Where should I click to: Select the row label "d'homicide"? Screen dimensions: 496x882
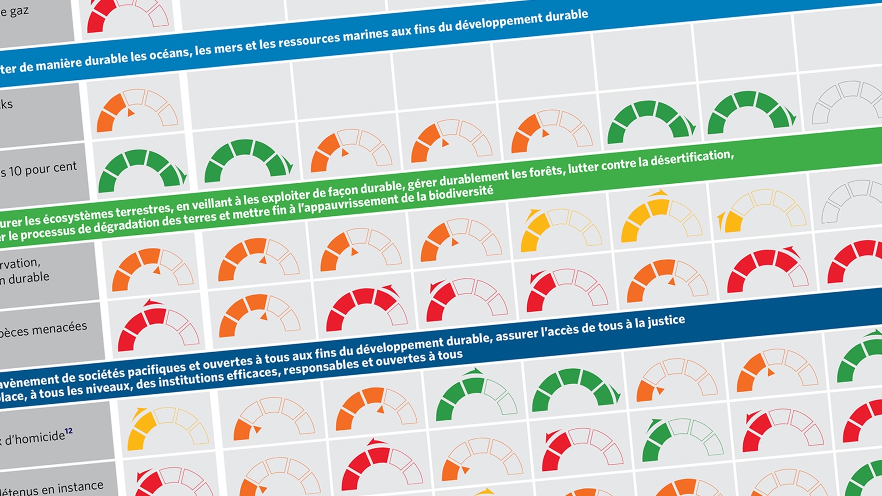[x=34, y=438]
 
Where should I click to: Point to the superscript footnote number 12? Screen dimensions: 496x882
[x=69, y=431]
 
